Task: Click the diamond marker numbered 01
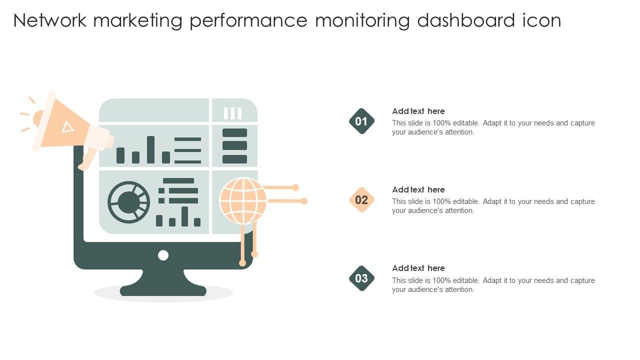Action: (x=361, y=121)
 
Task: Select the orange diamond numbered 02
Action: (x=361, y=199)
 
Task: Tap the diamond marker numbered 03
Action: (x=361, y=278)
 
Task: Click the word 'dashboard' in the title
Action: (x=466, y=20)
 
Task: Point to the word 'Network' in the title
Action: (x=49, y=20)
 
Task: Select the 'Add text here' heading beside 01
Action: (x=418, y=111)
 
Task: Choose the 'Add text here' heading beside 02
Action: (x=418, y=189)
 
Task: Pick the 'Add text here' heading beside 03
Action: (x=418, y=268)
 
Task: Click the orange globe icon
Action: (x=243, y=200)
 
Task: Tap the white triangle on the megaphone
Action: (x=67, y=127)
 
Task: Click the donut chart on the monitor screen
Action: (x=129, y=202)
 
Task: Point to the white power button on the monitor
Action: (x=163, y=255)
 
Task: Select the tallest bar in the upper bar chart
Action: (x=150, y=149)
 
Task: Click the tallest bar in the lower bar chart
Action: (x=185, y=216)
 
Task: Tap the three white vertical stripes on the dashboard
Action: (x=232, y=113)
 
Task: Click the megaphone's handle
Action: (x=88, y=158)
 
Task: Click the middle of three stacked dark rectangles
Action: (x=234, y=145)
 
